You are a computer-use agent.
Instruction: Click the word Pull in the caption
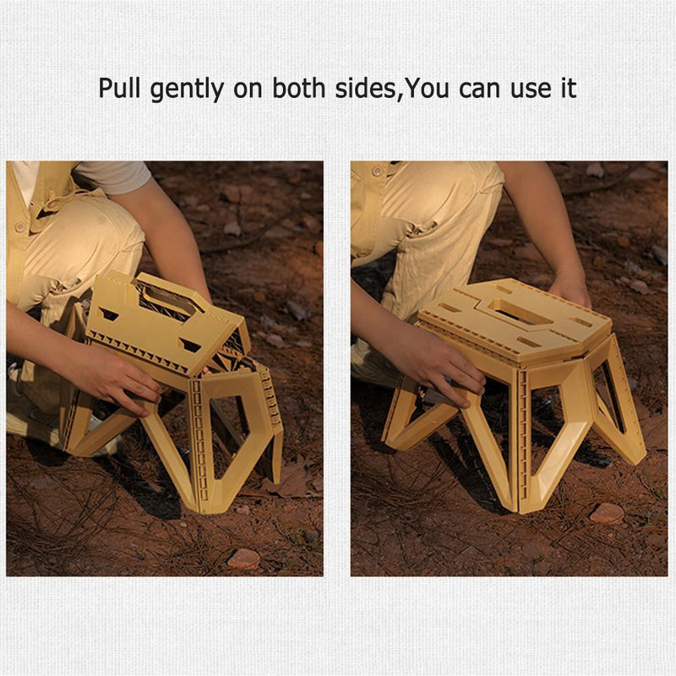point(120,88)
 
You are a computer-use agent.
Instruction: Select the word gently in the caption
point(187,90)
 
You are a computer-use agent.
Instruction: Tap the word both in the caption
point(299,88)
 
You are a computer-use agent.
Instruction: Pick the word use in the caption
point(531,90)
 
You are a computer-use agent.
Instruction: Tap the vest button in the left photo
point(19,226)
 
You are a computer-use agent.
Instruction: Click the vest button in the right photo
point(378,172)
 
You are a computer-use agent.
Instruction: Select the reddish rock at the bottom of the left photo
point(244,559)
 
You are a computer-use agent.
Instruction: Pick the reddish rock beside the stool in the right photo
point(607,513)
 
